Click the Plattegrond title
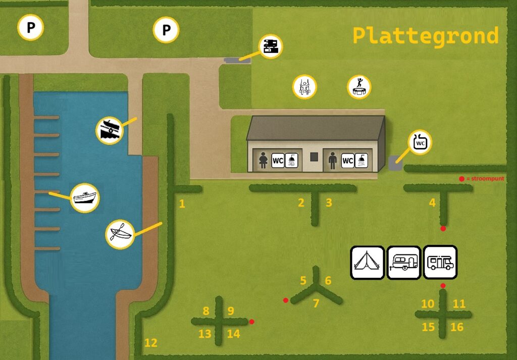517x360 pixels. pos(425,36)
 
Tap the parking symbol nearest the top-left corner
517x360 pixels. pos(30,27)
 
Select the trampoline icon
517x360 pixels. pos(359,87)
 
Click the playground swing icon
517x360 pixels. pos(304,87)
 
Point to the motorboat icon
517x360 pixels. pos(85,198)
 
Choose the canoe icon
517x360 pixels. pos(120,234)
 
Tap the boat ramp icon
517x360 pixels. pos(110,131)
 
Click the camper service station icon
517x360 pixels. pos(271,46)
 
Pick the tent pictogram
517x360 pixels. pos(368,263)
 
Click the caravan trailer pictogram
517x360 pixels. pos(404,263)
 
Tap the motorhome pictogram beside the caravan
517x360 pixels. pos(440,263)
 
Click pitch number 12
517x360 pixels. pos(151,343)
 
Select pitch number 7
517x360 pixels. pos(316,303)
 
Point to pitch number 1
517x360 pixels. pos(182,204)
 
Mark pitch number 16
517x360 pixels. pos(457,327)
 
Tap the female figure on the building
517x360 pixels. pos(263,161)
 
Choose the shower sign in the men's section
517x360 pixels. pos(361,161)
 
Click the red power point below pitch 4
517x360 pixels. pos(443,228)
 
